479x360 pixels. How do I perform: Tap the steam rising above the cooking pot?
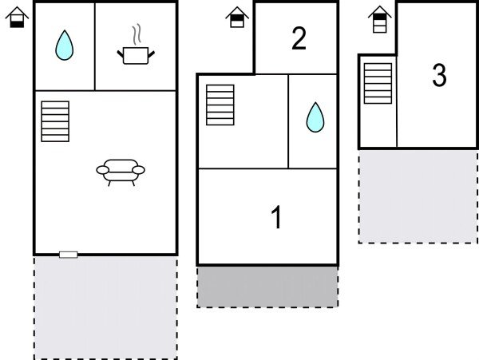(137, 34)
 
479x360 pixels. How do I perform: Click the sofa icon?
(121, 170)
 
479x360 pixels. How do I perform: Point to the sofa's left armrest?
(101, 169)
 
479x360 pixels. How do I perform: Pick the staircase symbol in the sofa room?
(55, 121)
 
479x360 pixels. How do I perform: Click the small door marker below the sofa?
(69, 254)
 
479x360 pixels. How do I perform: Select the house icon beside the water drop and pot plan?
(18, 17)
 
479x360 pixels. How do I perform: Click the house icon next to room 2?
(236, 17)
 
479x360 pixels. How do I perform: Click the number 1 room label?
(276, 217)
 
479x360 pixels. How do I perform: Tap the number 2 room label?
(299, 39)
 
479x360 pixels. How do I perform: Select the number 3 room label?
(438, 76)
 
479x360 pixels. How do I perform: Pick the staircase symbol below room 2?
(220, 105)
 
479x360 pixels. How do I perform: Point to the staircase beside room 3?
(378, 83)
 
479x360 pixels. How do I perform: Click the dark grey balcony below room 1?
(267, 287)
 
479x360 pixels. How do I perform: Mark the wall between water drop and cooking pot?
(95, 46)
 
